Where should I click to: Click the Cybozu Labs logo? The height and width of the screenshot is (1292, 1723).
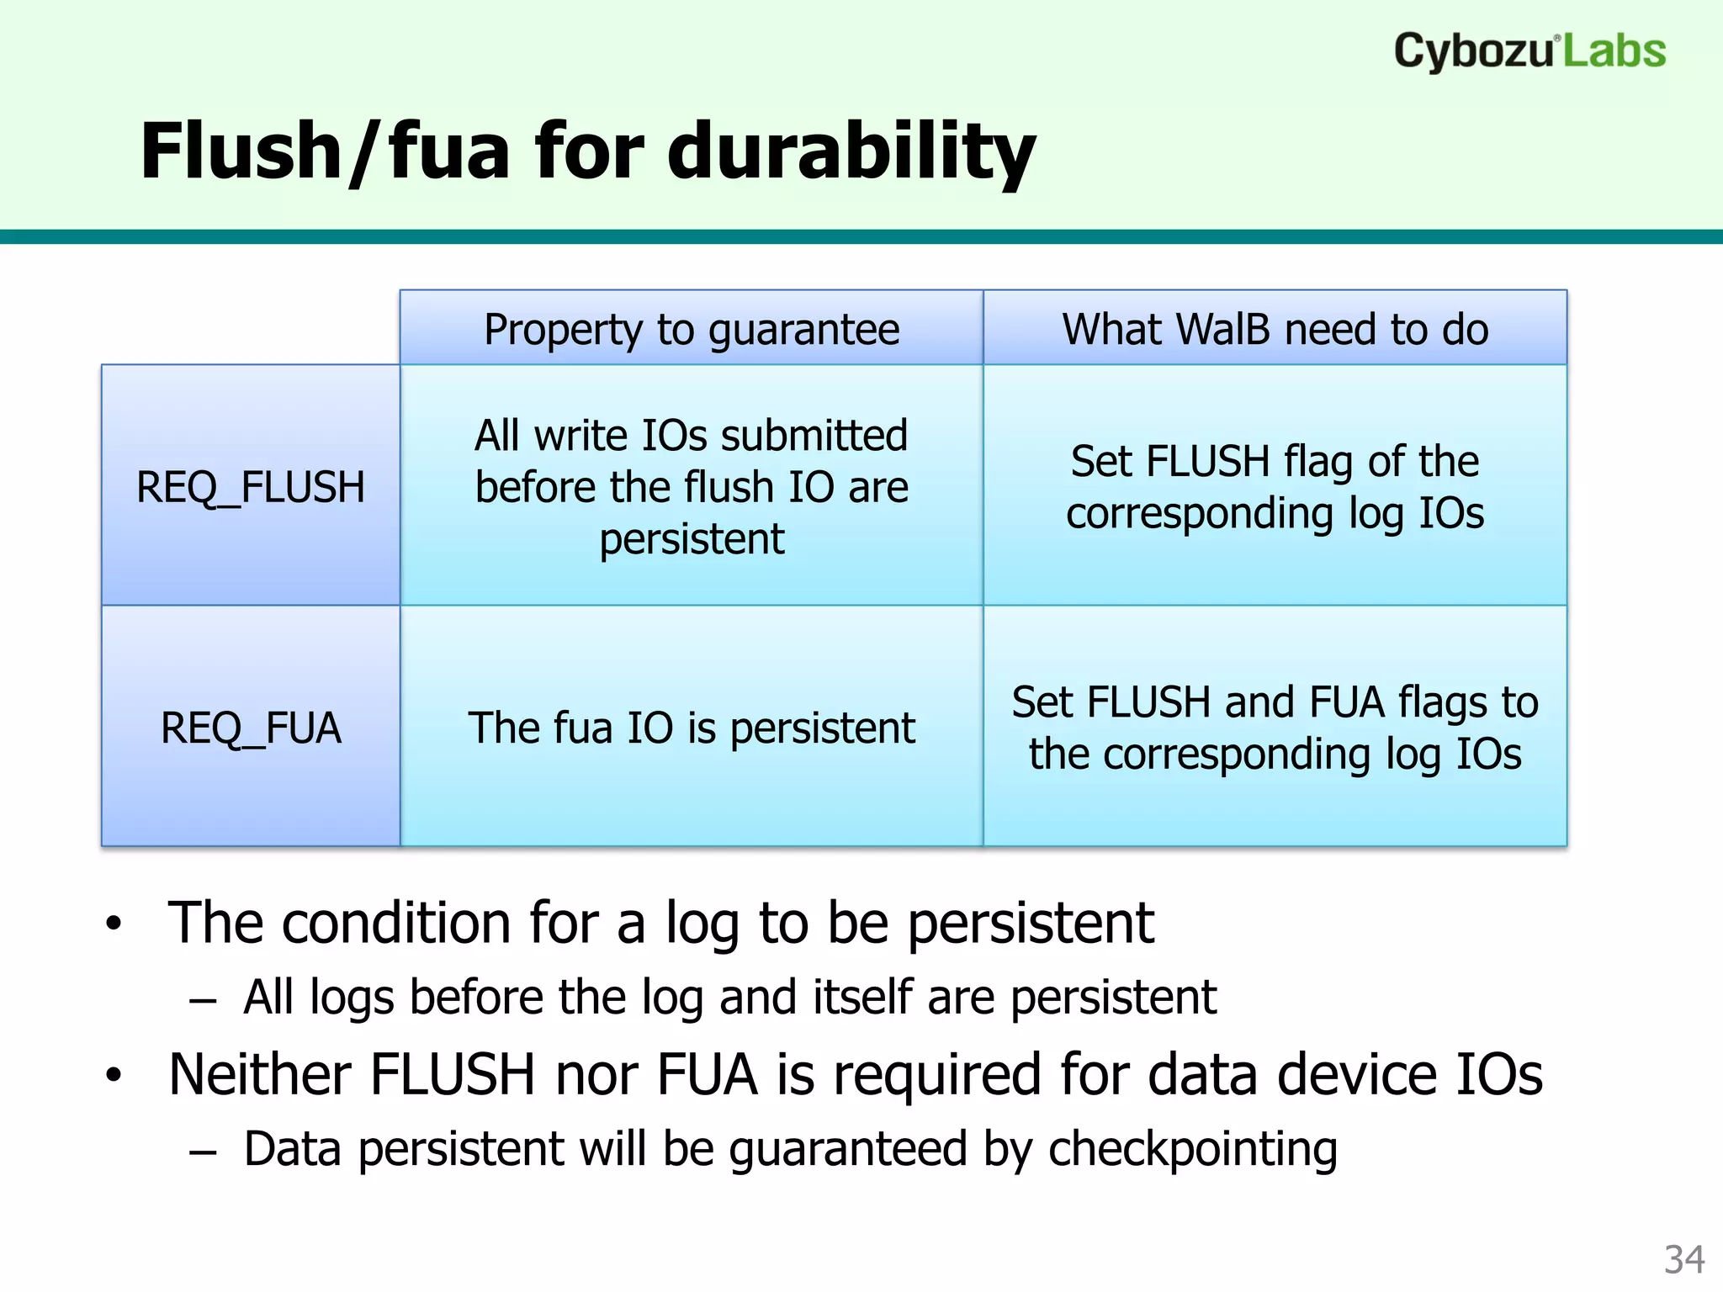click(x=1529, y=51)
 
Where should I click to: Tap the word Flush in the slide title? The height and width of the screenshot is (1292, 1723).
click(x=240, y=151)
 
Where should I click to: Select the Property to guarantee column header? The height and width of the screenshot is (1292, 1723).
click(x=692, y=329)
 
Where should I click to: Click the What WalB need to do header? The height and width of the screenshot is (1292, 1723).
click(x=1275, y=329)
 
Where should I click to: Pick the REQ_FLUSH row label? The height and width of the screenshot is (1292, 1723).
click(x=251, y=487)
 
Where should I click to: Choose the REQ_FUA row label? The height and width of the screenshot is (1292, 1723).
click(x=251, y=728)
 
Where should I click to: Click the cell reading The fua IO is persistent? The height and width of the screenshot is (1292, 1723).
click(x=692, y=728)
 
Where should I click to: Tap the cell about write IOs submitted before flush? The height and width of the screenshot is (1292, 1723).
click(x=692, y=487)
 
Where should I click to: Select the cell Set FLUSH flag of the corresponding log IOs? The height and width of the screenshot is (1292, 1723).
click(x=1275, y=487)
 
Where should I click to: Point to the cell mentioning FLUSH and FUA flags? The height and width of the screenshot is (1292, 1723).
click(x=1275, y=728)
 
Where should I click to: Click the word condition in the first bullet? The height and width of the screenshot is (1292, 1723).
click(x=395, y=924)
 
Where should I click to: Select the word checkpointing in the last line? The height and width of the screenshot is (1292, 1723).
click(x=1192, y=1150)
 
